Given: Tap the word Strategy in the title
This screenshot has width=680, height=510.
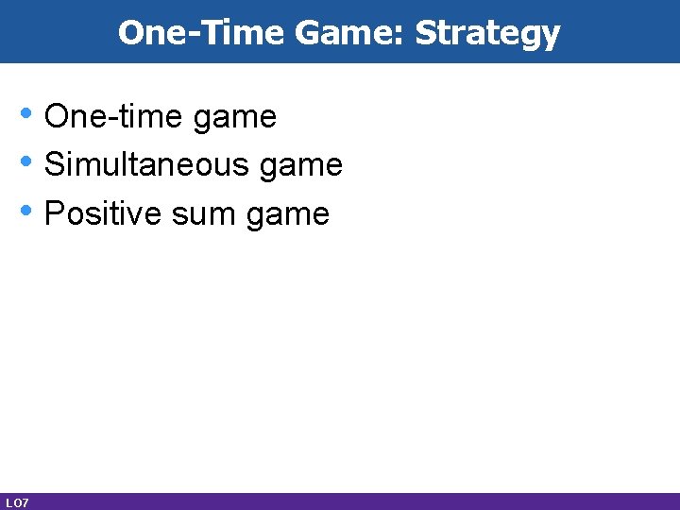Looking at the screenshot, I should [x=487, y=33].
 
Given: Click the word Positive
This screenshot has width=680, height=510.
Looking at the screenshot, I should [x=103, y=214].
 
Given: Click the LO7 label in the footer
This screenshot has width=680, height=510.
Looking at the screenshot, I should [x=17, y=502].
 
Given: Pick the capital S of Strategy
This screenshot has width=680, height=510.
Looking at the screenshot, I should [x=426, y=33].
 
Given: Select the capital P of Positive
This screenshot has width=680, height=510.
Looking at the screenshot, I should [x=54, y=213].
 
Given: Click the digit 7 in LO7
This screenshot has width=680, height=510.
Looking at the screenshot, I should [x=25, y=502].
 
